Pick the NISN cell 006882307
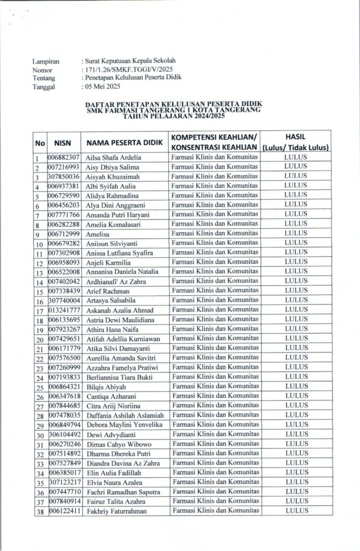tap(63, 158)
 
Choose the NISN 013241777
tap(63, 310)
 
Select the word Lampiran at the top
tap(46, 62)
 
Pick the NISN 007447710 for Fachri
tap(63, 492)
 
